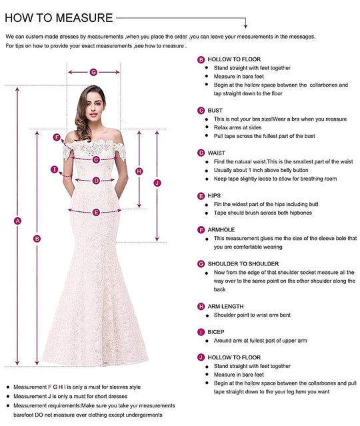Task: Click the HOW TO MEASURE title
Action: pyautogui.click(x=59, y=17)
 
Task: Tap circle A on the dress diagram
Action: pyautogui.click(x=18, y=221)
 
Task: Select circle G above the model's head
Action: pyautogui.click(x=93, y=72)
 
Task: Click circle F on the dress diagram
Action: pyautogui.click(x=57, y=137)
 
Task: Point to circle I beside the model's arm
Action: pyautogui.click(x=55, y=169)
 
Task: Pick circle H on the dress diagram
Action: pyautogui.click(x=139, y=171)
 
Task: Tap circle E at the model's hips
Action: pyautogui.click(x=96, y=212)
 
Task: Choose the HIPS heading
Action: pyautogui.click(x=215, y=196)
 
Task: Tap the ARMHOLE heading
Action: pyautogui.click(x=222, y=230)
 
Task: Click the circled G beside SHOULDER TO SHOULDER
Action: pyautogui.click(x=201, y=264)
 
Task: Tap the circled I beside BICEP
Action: pyautogui.click(x=201, y=332)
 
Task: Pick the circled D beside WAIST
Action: pyautogui.click(x=201, y=153)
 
